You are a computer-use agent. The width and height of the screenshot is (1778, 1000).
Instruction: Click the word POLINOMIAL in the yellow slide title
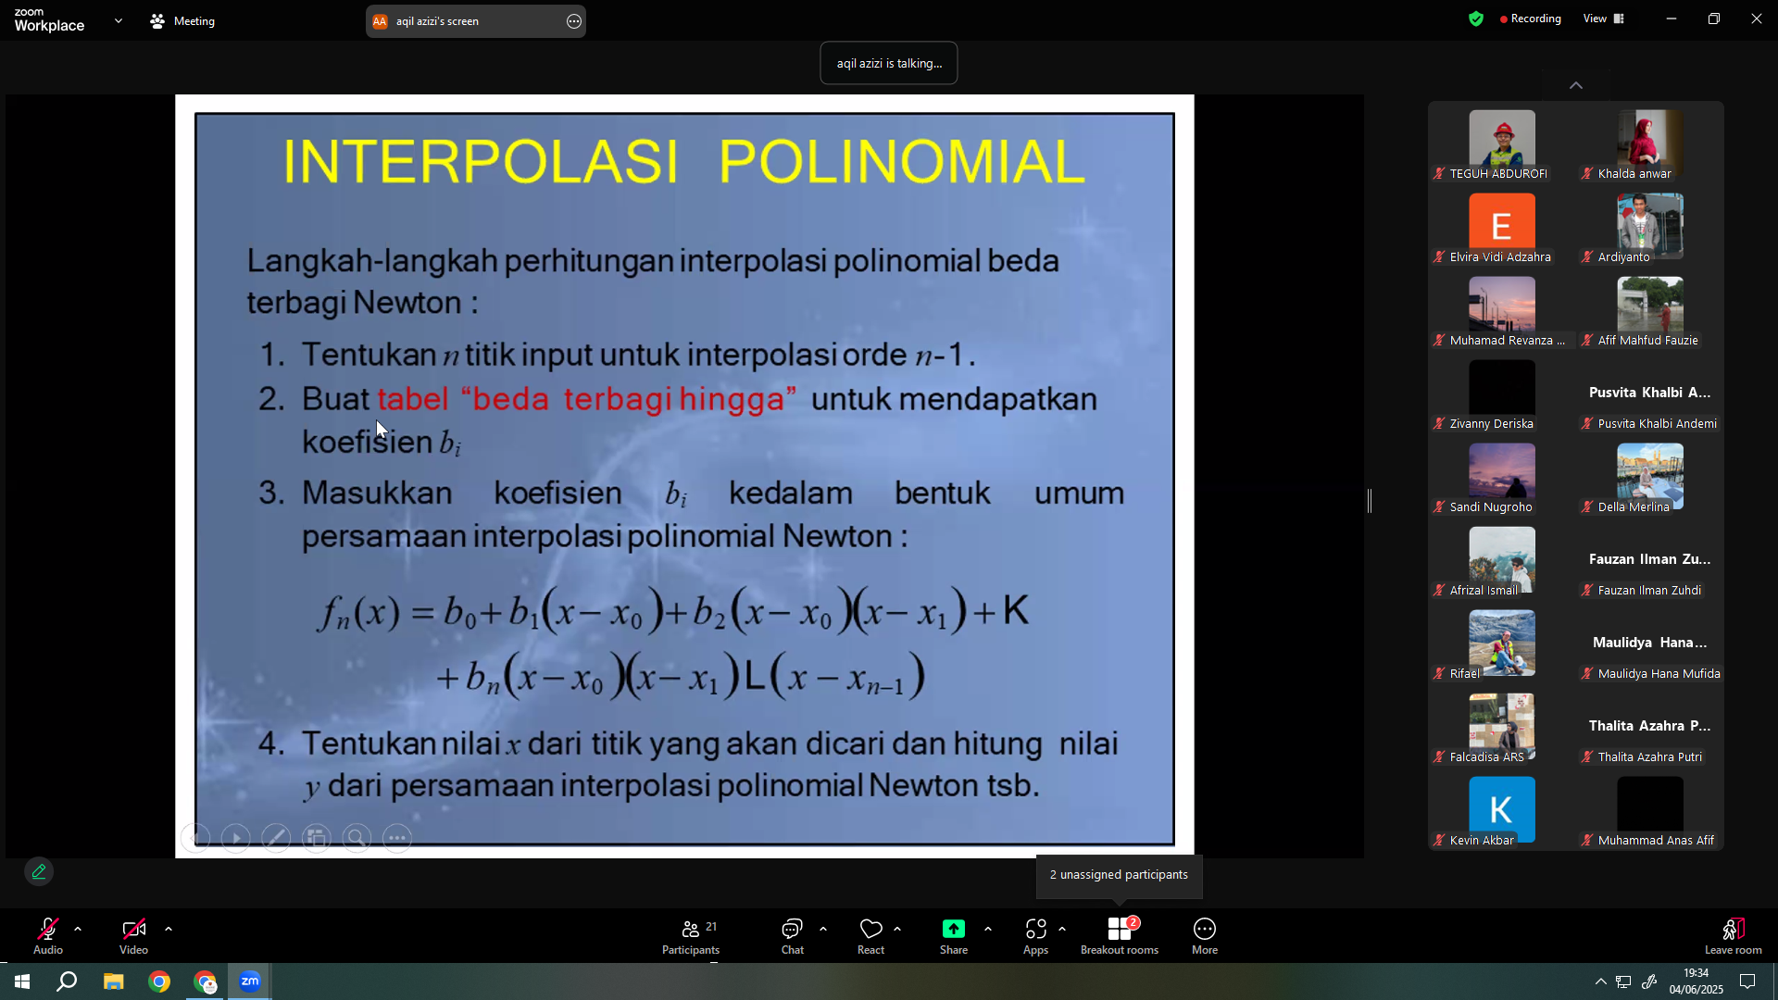(x=901, y=161)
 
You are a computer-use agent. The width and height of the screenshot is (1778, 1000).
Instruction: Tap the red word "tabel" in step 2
(x=413, y=399)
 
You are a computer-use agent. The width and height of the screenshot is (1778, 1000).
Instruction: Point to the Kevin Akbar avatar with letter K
(x=1501, y=809)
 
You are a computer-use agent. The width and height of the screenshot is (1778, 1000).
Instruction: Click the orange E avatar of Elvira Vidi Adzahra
(x=1501, y=225)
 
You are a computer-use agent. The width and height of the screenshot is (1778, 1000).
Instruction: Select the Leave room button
(x=1733, y=936)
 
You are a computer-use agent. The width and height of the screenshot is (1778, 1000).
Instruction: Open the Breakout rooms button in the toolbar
(x=1120, y=936)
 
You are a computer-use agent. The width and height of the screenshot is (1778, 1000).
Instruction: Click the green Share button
(x=954, y=936)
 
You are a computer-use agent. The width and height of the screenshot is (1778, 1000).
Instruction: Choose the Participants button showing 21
(x=691, y=936)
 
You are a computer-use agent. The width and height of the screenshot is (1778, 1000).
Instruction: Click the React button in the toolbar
(x=870, y=936)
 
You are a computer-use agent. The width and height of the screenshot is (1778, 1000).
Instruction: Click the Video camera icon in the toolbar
(x=133, y=929)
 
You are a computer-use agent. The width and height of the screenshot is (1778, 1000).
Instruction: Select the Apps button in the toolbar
(x=1035, y=936)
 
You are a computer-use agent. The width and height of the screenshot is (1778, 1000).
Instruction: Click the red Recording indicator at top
(x=1530, y=19)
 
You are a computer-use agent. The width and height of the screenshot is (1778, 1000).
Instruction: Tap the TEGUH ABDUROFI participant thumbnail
(x=1501, y=139)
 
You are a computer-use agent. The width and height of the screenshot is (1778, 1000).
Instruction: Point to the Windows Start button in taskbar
(x=22, y=981)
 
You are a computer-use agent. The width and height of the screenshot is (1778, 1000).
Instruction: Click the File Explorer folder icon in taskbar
(x=114, y=981)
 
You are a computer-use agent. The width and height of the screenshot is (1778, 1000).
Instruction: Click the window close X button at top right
(x=1756, y=19)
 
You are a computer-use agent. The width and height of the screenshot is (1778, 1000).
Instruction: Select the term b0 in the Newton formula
(x=459, y=613)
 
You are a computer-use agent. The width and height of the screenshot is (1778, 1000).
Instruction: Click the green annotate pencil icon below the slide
(x=39, y=871)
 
